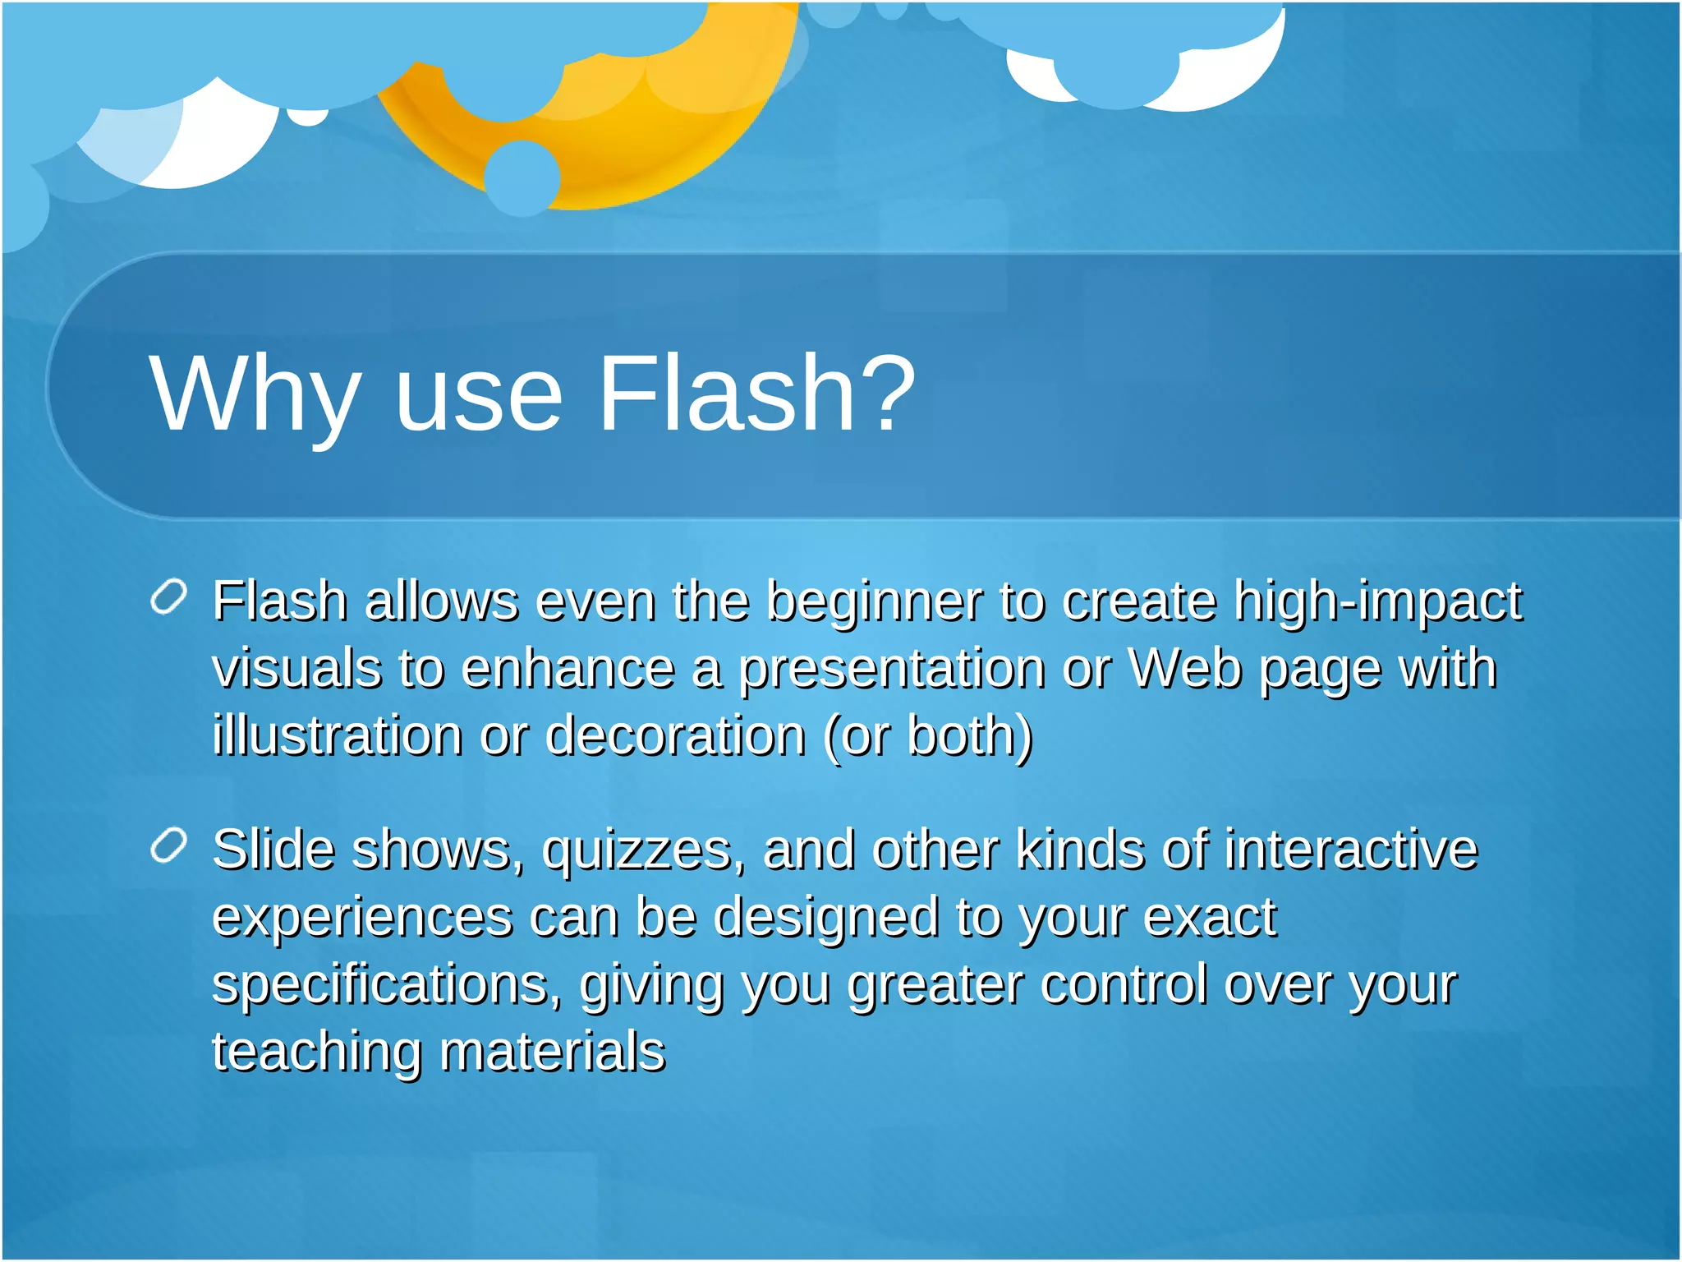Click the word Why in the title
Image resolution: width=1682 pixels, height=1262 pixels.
pos(255,394)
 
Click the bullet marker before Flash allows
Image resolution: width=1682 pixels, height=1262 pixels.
pos(170,596)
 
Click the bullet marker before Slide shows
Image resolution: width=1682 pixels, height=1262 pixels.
pos(170,845)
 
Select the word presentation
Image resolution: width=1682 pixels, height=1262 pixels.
pos(891,670)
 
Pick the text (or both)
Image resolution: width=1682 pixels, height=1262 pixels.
pos(928,736)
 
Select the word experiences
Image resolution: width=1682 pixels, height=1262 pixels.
pos(361,918)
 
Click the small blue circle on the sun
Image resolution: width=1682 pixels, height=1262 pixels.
pos(522,178)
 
